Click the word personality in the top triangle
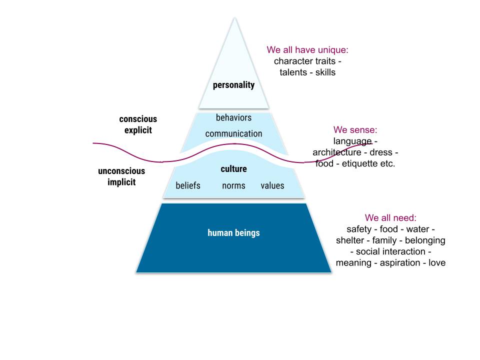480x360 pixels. pyautogui.click(x=233, y=85)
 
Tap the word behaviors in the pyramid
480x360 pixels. pyautogui.click(x=233, y=118)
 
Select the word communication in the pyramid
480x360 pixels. pyautogui.click(x=233, y=134)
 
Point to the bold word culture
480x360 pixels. pyautogui.click(x=233, y=169)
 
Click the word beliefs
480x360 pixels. pyautogui.click(x=188, y=186)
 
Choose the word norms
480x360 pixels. pyautogui.click(x=233, y=186)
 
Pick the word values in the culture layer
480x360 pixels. pyautogui.click(x=272, y=186)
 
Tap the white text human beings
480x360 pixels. pyautogui.click(x=233, y=233)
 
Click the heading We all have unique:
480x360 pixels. pyautogui.click(x=307, y=50)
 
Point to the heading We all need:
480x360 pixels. pyautogui.click(x=390, y=218)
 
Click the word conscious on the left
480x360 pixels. pyautogui.click(x=138, y=119)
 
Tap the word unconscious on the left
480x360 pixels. pyautogui.click(x=121, y=171)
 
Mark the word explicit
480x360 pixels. pyautogui.click(x=138, y=130)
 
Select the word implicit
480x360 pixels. pyautogui.click(x=121, y=182)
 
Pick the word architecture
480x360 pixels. pyautogui.click(x=336, y=152)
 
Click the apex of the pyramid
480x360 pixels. pyautogui.click(x=233, y=18)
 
